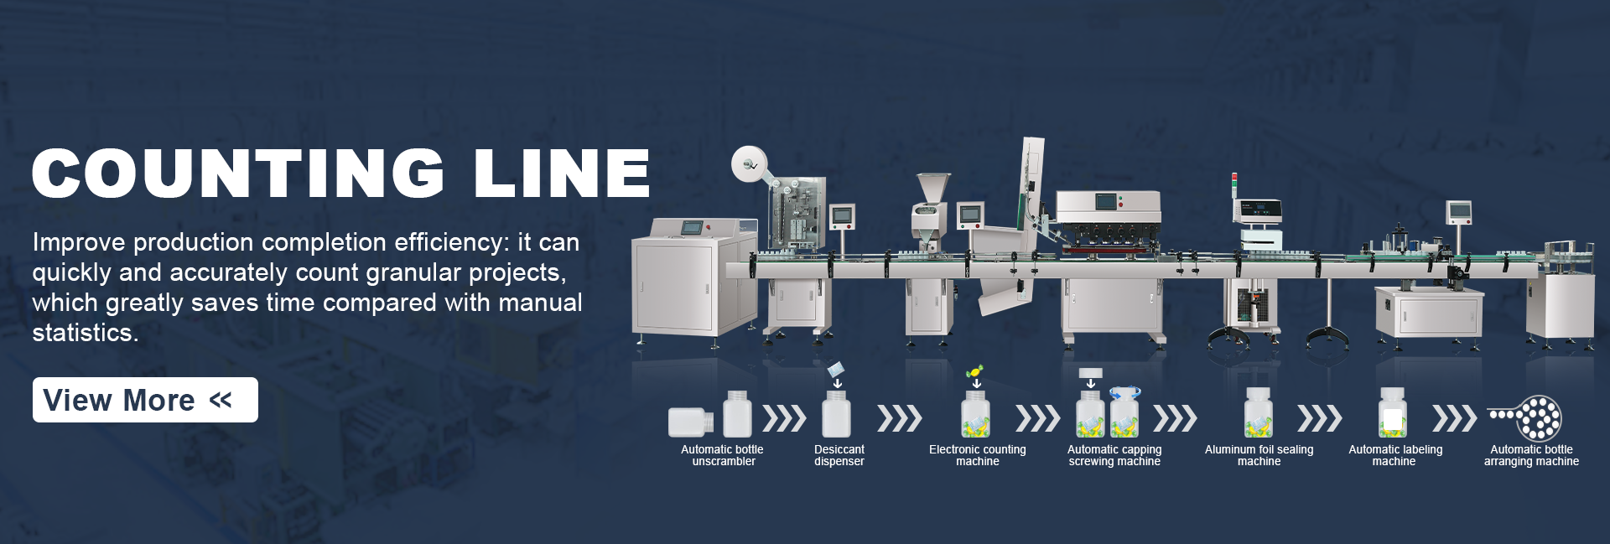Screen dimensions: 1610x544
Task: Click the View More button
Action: [145, 400]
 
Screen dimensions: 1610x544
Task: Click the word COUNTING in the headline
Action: [238, 174]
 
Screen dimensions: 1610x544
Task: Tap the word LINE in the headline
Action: [561, 174]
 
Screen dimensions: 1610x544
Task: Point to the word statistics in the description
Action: [85, 333]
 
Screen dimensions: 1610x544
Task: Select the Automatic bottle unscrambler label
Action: [722, 455]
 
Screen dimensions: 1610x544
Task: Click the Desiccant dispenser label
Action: [839, 455]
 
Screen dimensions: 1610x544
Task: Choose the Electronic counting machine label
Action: [977, 455]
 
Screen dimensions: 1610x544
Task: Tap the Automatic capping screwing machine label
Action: [1114, 455]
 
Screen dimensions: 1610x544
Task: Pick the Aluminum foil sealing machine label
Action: [1259, 455]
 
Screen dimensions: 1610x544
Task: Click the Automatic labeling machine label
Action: [1395, 455]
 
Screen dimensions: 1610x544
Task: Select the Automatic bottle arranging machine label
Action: [1531, 455]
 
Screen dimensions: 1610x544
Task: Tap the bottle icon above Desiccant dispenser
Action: [836, 414]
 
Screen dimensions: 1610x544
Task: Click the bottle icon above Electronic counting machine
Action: [975, 414]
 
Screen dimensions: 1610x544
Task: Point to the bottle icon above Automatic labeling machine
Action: [1392, 413]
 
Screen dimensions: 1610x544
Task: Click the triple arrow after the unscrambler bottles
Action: [784, 417]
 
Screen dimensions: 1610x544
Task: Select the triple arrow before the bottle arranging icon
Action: [1454, 417]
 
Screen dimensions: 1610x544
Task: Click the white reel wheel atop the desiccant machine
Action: [748, 164]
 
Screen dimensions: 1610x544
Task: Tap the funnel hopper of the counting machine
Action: [932, 188]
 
